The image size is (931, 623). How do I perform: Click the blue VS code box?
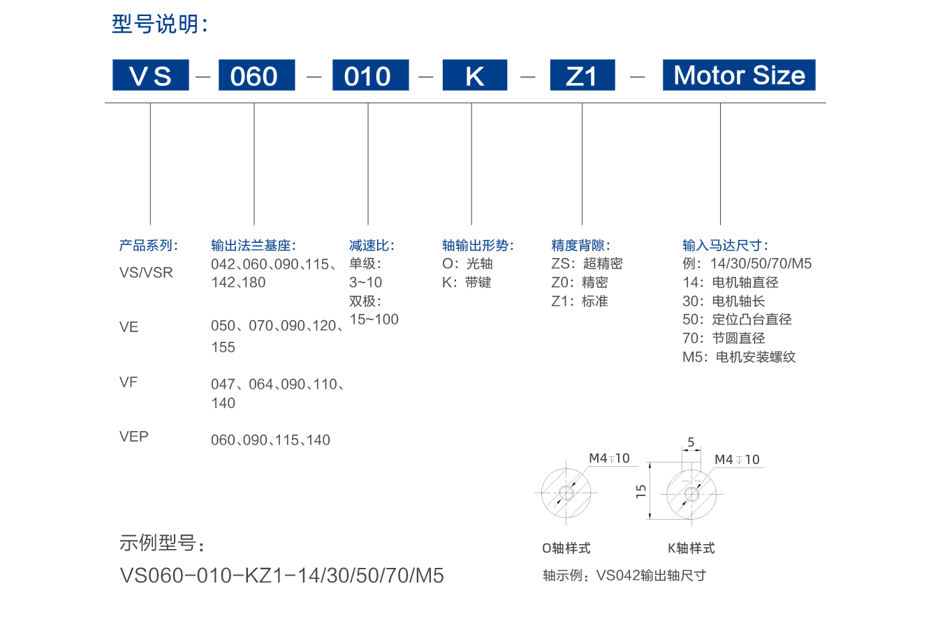[150, 75]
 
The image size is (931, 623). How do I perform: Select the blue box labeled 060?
[257, 75]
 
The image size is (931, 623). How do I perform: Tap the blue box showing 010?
[371, 75]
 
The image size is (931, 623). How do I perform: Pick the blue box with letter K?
[475, 75]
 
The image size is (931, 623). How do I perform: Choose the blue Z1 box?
[582, 75]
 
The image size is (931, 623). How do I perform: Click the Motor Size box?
[739, 75]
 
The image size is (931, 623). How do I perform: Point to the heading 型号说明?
[160, 24]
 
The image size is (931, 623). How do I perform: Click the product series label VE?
[129, 327]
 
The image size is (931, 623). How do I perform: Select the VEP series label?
[134, 437]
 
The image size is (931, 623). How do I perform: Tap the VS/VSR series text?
[146, 273]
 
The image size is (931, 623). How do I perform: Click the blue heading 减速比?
[372, 246]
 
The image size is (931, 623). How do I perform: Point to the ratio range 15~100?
[374, 320]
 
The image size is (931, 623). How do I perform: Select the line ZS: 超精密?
[587, 264]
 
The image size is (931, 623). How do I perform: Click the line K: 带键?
[467, 283]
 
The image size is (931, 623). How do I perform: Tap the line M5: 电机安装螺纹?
[739, 357]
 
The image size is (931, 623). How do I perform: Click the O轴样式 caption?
[566, 548]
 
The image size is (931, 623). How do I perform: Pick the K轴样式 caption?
[691, 548]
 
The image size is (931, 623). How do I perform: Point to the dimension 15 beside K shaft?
[641, 491]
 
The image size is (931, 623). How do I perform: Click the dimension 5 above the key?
[691, 442]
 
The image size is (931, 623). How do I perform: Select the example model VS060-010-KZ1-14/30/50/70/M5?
[281, 576]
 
